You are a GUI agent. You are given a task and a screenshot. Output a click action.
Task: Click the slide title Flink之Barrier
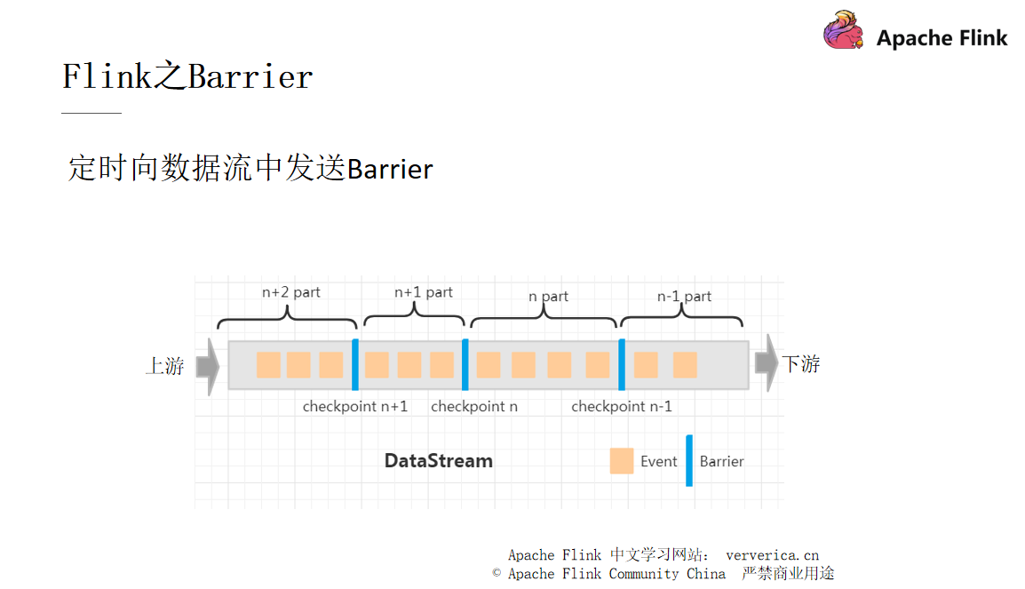pyautogui.click(x=187, y=77)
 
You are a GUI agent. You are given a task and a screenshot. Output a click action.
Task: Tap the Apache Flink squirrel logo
pyautogui.click(x=843, y=30)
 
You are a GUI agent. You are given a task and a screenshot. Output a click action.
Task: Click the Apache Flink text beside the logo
pyautogui.click(x=942, y=38)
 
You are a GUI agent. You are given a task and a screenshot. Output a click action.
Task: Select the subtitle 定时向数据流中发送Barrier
pyautogui.click(x=250, y=169)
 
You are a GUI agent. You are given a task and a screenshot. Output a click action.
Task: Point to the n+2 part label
pyautogui.click(x=290, y=292)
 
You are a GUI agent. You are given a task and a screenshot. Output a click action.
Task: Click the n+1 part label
pyautogui.click(x=423, y=292)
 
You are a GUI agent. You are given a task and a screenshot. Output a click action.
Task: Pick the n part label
pyautogui.click(x=548, y=297)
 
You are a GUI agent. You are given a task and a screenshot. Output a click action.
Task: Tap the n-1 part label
pyautogui.click(x=684, y=297)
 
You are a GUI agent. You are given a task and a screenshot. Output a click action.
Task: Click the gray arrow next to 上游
pyautogui.click(x=207, y=365)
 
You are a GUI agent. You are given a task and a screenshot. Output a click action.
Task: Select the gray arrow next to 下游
pyautogui.click(x=766, y=363)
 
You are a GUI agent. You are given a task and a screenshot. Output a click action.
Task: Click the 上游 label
pyautogui.click(x=165, y=365)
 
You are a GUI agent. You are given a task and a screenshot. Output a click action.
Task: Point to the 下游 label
pyautogui.click(x=800, y=363)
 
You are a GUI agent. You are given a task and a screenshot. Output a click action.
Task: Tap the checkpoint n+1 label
pyautogui.click(x=355, y=407)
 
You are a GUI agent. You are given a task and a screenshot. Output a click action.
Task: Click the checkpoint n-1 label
pyautogui.click(x=621, y=407)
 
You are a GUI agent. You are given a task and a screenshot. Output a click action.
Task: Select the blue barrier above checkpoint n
pyautogui.click(x=465, y=364)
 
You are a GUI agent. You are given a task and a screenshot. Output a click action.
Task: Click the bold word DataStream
pyautogui.click(x=438, y=461)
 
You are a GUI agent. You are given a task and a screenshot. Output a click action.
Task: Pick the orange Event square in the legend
pyautogui.click(x=622, y=461)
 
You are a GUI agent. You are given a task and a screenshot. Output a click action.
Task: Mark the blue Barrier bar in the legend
pyautogui.click(x=689, y=460)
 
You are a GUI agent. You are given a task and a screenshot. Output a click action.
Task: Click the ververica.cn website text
pyautogui.click(x=772, y=555)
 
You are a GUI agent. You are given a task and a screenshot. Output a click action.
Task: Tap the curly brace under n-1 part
pyautogui.click(x=681, y=321)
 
